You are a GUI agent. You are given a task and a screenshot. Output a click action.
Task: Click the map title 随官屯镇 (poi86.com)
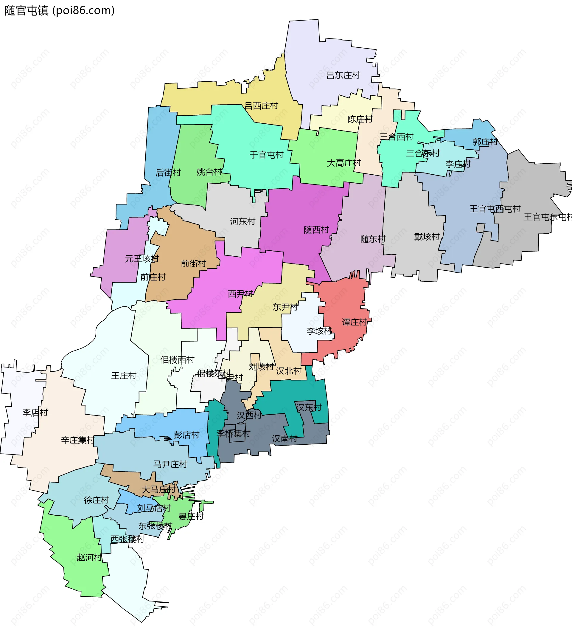click(x=60, y=11)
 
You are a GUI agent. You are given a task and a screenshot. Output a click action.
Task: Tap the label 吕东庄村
click(x=343, y=75)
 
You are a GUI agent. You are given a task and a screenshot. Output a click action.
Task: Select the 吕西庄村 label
click(x=261, y=106)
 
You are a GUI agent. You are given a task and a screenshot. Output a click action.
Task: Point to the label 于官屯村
click(x=266, y=155)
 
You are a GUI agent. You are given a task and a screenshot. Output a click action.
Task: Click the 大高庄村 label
click(x=344, y=163)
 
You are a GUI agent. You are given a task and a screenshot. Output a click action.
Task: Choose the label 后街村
click(x=168, y=173)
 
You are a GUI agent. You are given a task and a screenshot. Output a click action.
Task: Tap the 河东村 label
click(x=242, y=222)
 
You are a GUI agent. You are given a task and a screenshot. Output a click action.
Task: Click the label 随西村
click(x=316, y=230)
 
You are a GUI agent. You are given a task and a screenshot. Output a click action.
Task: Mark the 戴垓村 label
click(x=427, y=237)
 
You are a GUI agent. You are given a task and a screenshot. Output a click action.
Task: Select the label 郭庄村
click(x=485, y=142)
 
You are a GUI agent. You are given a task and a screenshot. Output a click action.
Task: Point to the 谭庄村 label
click(x=354, y=322)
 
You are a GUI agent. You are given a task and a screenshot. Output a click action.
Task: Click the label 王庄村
click(x=124, y=376)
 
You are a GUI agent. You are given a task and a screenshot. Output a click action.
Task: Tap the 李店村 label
click(x=35, y=413)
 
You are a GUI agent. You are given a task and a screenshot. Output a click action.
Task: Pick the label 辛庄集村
click(x=78, y=440)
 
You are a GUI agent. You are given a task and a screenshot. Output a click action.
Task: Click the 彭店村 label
click(x=186, y=435)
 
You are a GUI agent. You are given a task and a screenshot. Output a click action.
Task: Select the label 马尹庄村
click(x=170, y=464)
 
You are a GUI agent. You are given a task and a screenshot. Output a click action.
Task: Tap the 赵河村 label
click(x=89, y=558)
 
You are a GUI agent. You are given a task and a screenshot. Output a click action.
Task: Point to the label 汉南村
click(x=285, y=439)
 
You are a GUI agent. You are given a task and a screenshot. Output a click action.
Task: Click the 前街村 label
click(x=193, y=264)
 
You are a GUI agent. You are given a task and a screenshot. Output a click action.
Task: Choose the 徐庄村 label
click(x=97, y=500)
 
